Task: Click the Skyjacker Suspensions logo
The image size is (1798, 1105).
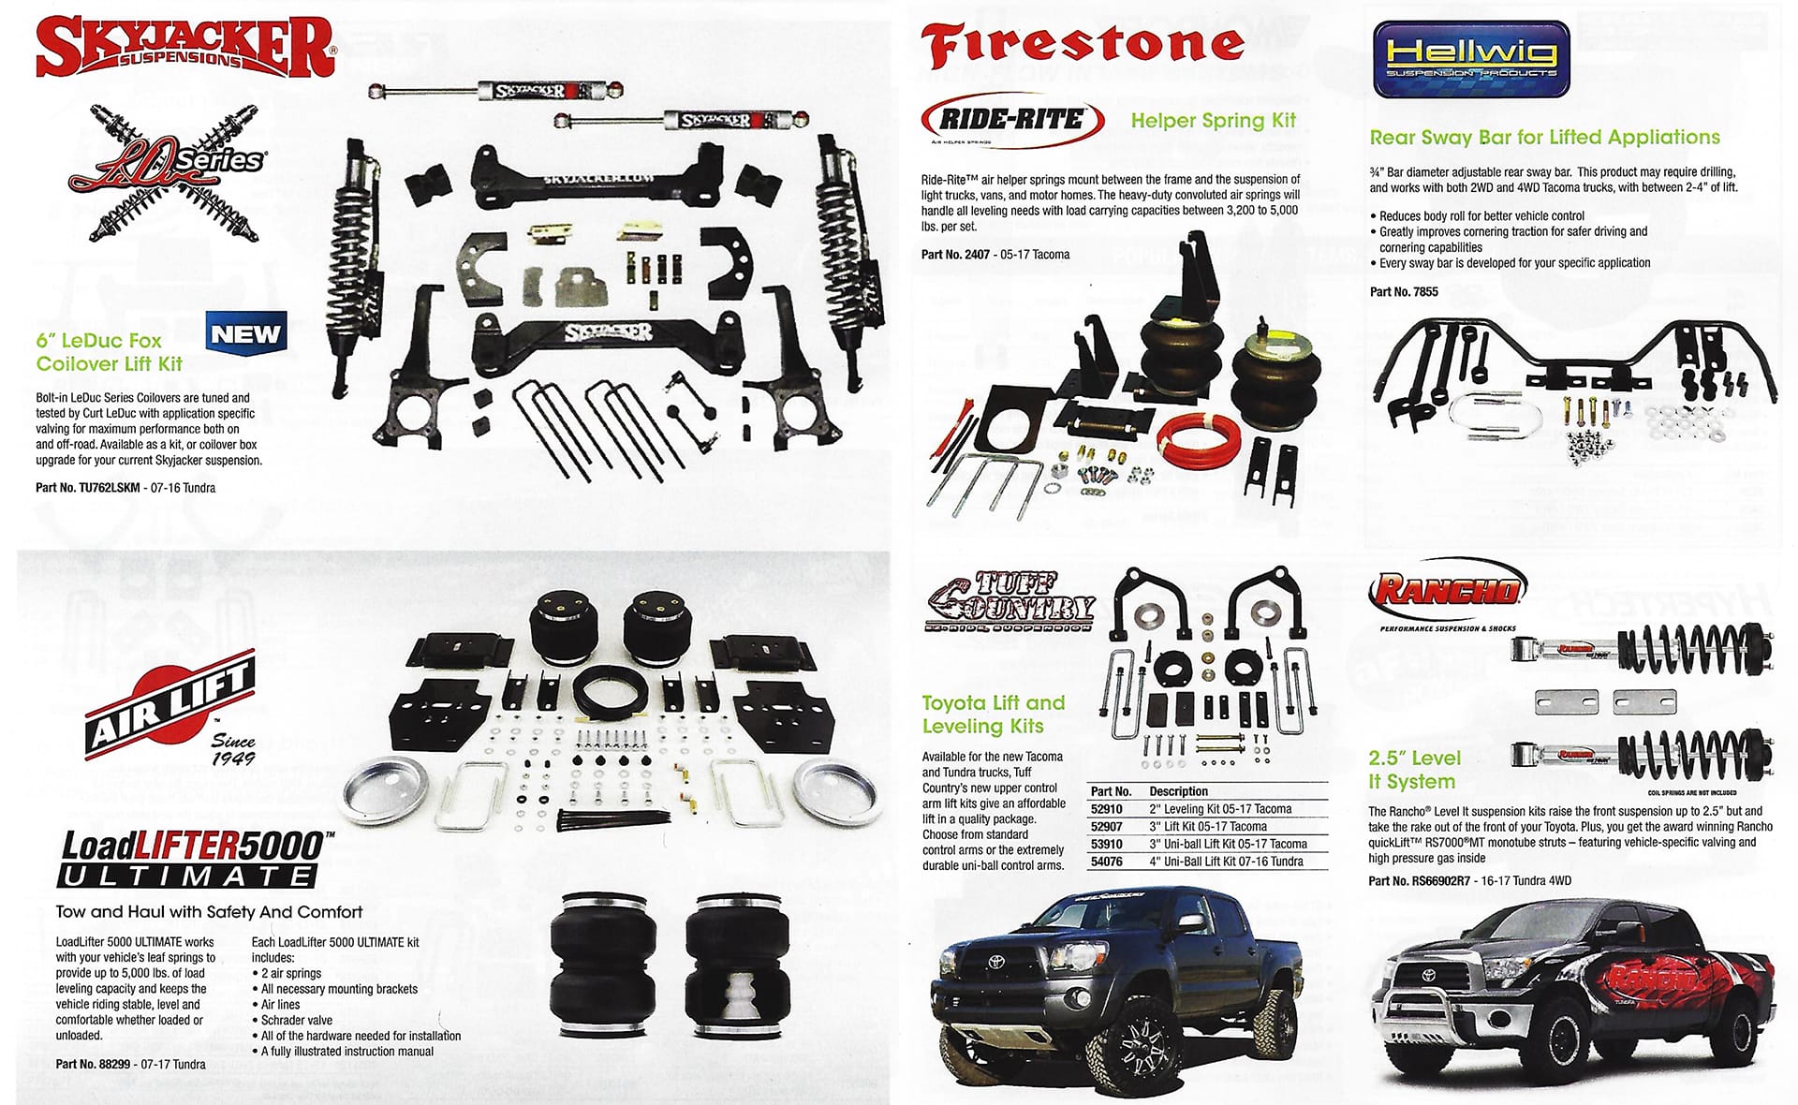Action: coord(184,47)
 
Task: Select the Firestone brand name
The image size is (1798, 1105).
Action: coord(1083,45)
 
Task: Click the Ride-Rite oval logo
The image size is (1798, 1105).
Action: coord(1013,120)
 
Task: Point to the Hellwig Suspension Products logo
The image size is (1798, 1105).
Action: coord(1470,60)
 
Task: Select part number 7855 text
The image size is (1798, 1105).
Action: coord(1404,292)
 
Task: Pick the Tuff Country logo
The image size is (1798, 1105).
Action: coord(1010,600)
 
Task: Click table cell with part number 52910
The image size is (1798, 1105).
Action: coord(1106,809)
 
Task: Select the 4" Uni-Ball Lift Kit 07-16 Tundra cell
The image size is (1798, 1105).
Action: coord(1227,862)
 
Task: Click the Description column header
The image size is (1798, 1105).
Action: coord(1178,791)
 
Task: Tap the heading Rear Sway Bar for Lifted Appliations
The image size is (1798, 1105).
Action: coord(1545,138)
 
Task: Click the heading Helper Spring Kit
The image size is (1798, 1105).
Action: coord(1214,120)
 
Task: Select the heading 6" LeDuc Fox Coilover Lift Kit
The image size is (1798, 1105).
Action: coord(110,352)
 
